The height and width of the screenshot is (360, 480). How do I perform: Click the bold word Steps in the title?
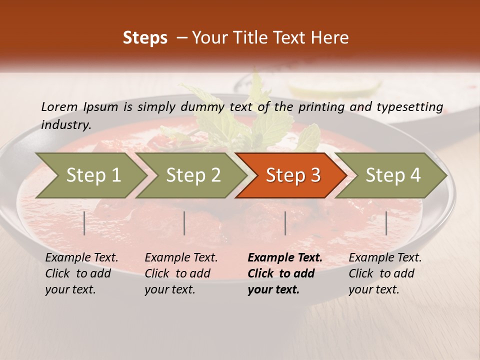(x=145, y=38)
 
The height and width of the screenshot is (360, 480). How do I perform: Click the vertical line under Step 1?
(x=84, y=223)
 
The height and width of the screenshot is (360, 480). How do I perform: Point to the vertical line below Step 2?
(x=184, y=223)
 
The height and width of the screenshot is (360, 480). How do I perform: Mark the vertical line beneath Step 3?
(x=285, y=223)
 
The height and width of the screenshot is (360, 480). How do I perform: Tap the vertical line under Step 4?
(x=386, y=223)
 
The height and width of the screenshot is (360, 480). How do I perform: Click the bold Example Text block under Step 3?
(x=284, y=273)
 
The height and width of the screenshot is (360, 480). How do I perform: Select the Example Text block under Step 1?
(x=81, y=273)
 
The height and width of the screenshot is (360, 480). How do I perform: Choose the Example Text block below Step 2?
(x=181, y=273)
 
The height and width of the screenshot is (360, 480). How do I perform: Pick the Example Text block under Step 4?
(x=385, y=273)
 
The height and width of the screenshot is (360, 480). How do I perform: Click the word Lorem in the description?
(x=59, y=106)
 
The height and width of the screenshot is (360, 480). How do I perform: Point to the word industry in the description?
(x=65, y=125)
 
